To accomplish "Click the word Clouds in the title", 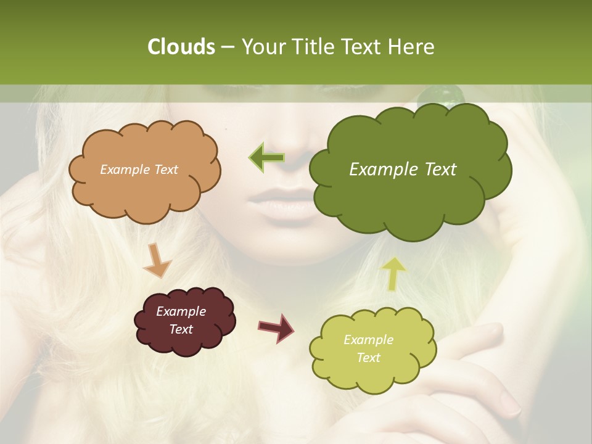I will coord(181,47).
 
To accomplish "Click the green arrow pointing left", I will coord(266,157).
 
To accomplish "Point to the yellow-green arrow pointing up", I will coord(394,273).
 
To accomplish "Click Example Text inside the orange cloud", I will coord(139,170).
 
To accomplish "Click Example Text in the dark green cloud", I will coord(403,170).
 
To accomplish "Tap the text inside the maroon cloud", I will coord(181,320).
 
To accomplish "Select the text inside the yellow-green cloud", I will coord(368,348).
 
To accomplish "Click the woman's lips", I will coord(284,202).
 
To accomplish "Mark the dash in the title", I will coord(226,47).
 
